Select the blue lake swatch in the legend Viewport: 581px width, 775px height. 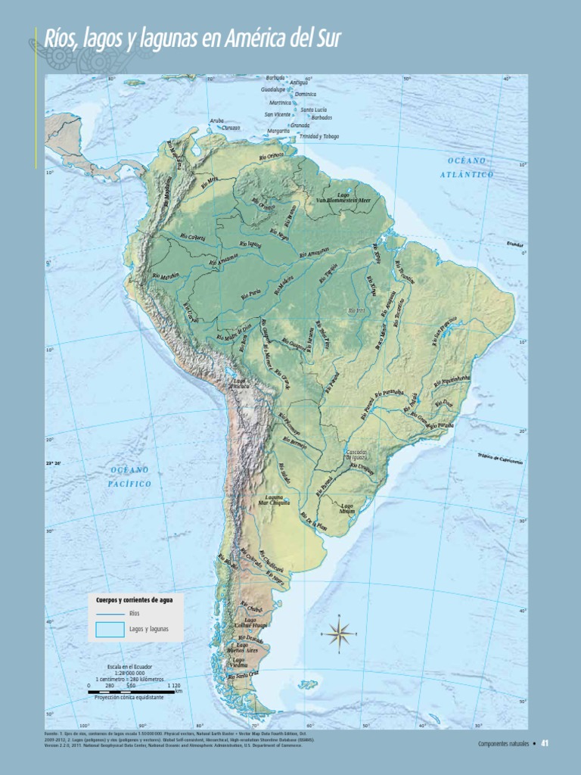pyautogui.click(x=110, y=629)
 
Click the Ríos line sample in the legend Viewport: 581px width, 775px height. pyautogui.click(x=110, y=613)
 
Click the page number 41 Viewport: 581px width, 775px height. pyautogui.click(x=543, y=743)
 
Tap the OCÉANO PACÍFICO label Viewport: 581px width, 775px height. pyautogui.click(x=129, y=477)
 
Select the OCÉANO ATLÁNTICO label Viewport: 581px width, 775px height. pyautogui.click(x=467, y=167)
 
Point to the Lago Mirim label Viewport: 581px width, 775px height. pyautogui.click(x=347, y=509)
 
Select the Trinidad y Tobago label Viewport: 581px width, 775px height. pyautogui.click(x=319, y=136)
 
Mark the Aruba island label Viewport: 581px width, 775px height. pyautogui.click(x=217, y=120)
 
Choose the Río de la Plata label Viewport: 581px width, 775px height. pyautogui.click(x=314, y=521)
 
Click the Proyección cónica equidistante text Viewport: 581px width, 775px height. pyautogui.click(x=129, y=697)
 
